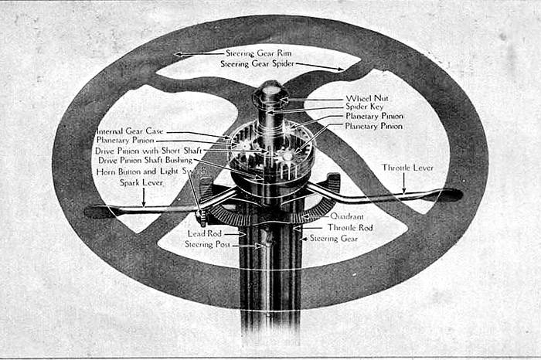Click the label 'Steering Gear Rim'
point(258,53)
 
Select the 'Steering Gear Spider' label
point(257,64)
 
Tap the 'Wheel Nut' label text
point(367,98)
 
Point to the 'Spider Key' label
point(364,107)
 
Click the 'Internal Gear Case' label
point(130,131)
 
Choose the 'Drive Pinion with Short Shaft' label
point(148,151)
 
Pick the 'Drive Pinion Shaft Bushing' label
point(145,160)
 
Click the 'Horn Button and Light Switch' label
point(151,172)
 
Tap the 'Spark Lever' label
point(141,182)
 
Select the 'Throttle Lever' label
point(407,168)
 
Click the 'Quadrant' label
point(347,216)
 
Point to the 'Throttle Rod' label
point(350,228)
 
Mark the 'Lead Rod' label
point(204,233)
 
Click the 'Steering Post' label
point(207,244)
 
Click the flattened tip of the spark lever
point(98,211)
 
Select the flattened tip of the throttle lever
point(449,195)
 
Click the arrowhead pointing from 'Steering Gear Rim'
point(178,54)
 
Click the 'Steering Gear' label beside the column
point(334,238)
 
